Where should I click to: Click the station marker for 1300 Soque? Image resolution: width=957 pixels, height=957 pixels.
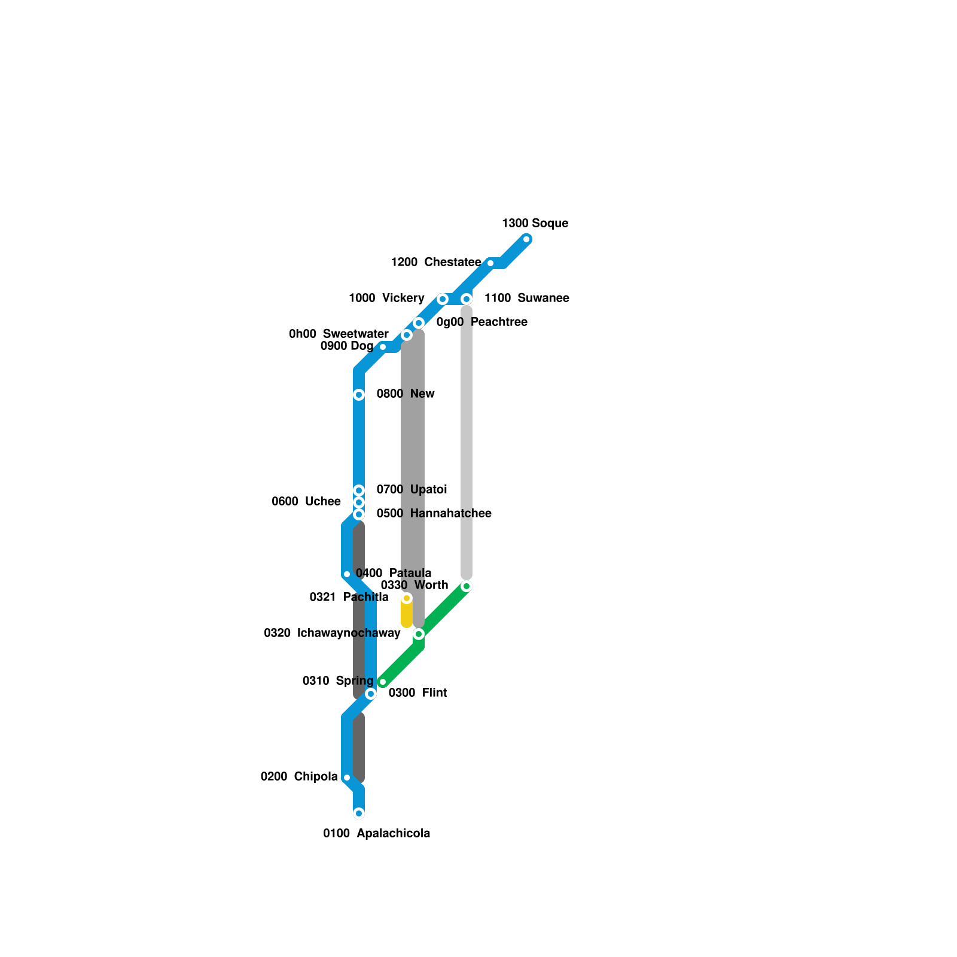tap(526, 239)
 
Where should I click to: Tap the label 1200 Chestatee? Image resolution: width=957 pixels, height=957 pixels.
tap(435, 263)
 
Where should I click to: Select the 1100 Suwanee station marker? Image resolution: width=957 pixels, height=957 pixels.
tap(467, 299)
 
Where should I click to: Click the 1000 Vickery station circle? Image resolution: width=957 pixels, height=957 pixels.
tap(443, 299)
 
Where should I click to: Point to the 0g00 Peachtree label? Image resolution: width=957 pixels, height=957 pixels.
tap(481, 322)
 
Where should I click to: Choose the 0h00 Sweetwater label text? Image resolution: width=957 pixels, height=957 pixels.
tap(339, 334)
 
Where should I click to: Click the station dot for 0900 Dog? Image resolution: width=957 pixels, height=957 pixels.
tap(383, 347)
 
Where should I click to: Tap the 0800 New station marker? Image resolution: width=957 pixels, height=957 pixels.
tap(359, 395)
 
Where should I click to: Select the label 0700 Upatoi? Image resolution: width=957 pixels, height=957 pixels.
tap(412, 490)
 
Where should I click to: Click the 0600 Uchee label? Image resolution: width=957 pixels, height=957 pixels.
tap(306, 502)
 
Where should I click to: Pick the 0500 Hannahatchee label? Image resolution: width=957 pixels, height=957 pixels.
tap(434, 514)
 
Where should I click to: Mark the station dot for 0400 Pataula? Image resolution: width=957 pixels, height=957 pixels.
tap(347, 574)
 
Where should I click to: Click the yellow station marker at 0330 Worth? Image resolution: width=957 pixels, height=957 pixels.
tap(407, 598)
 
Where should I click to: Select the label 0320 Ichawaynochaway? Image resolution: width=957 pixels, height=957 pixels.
tap(332, 633)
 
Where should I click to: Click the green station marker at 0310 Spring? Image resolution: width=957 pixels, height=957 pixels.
tap(383, 682)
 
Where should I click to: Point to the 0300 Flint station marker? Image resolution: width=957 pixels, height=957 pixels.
tap(371, 694)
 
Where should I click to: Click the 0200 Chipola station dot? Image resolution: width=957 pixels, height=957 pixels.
tap(347, 778)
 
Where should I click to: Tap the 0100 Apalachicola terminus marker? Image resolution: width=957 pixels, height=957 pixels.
tap(359, 813)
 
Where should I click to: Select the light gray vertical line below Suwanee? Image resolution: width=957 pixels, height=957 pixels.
tap(467, 443)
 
